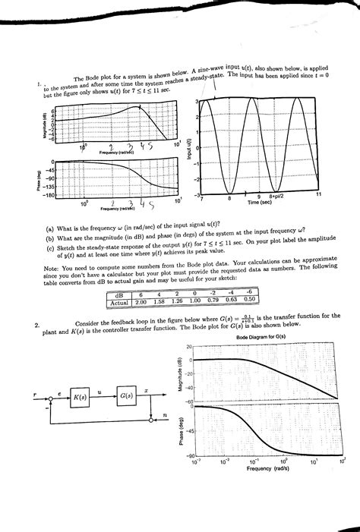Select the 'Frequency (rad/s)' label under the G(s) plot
click(x=269, y=468)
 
